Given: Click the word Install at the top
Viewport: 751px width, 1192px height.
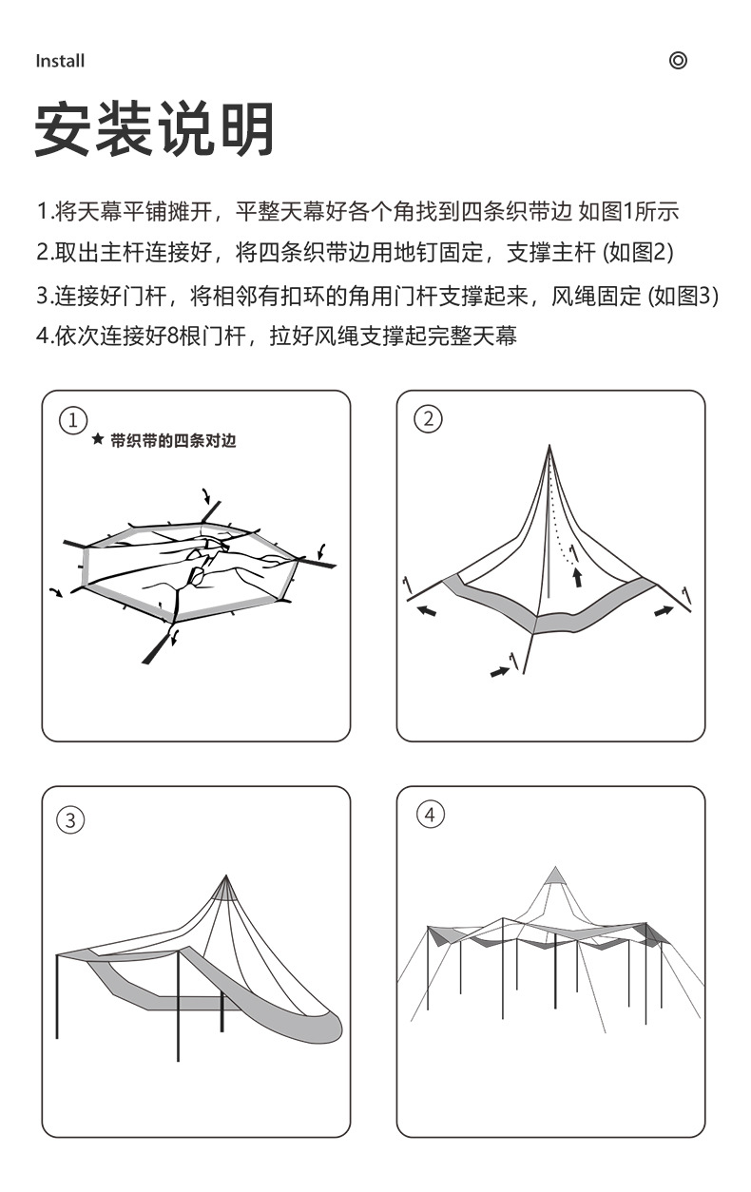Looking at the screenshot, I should coord(60,61).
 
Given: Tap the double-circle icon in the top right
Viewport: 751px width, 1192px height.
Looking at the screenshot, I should coord(678,61).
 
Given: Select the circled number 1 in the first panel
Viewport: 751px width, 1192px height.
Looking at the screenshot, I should coord(72,419).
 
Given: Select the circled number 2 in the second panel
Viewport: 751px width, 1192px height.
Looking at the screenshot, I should coord(429,419).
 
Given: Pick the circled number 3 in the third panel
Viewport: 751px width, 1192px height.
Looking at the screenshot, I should coord(71,819).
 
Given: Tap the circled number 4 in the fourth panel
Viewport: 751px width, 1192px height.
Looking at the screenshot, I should coord(430,815).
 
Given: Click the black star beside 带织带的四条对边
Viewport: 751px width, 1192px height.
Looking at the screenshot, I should coord(97,441).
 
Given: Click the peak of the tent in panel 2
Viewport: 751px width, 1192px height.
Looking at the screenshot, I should coord(549,446).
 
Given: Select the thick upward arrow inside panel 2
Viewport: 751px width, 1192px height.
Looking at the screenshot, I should coord(577,576).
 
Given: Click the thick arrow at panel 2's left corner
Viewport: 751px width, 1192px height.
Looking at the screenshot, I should coord(428,611).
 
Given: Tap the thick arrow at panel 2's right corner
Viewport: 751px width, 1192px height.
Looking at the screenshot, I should coord(664,611).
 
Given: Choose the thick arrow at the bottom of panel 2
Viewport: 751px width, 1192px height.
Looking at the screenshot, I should coord(499,671).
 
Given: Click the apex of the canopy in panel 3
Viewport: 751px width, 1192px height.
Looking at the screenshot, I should coord(226,876).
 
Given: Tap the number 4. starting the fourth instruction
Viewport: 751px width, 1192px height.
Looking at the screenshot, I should coord(44,336).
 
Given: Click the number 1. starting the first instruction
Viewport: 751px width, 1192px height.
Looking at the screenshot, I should coord(43,211).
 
